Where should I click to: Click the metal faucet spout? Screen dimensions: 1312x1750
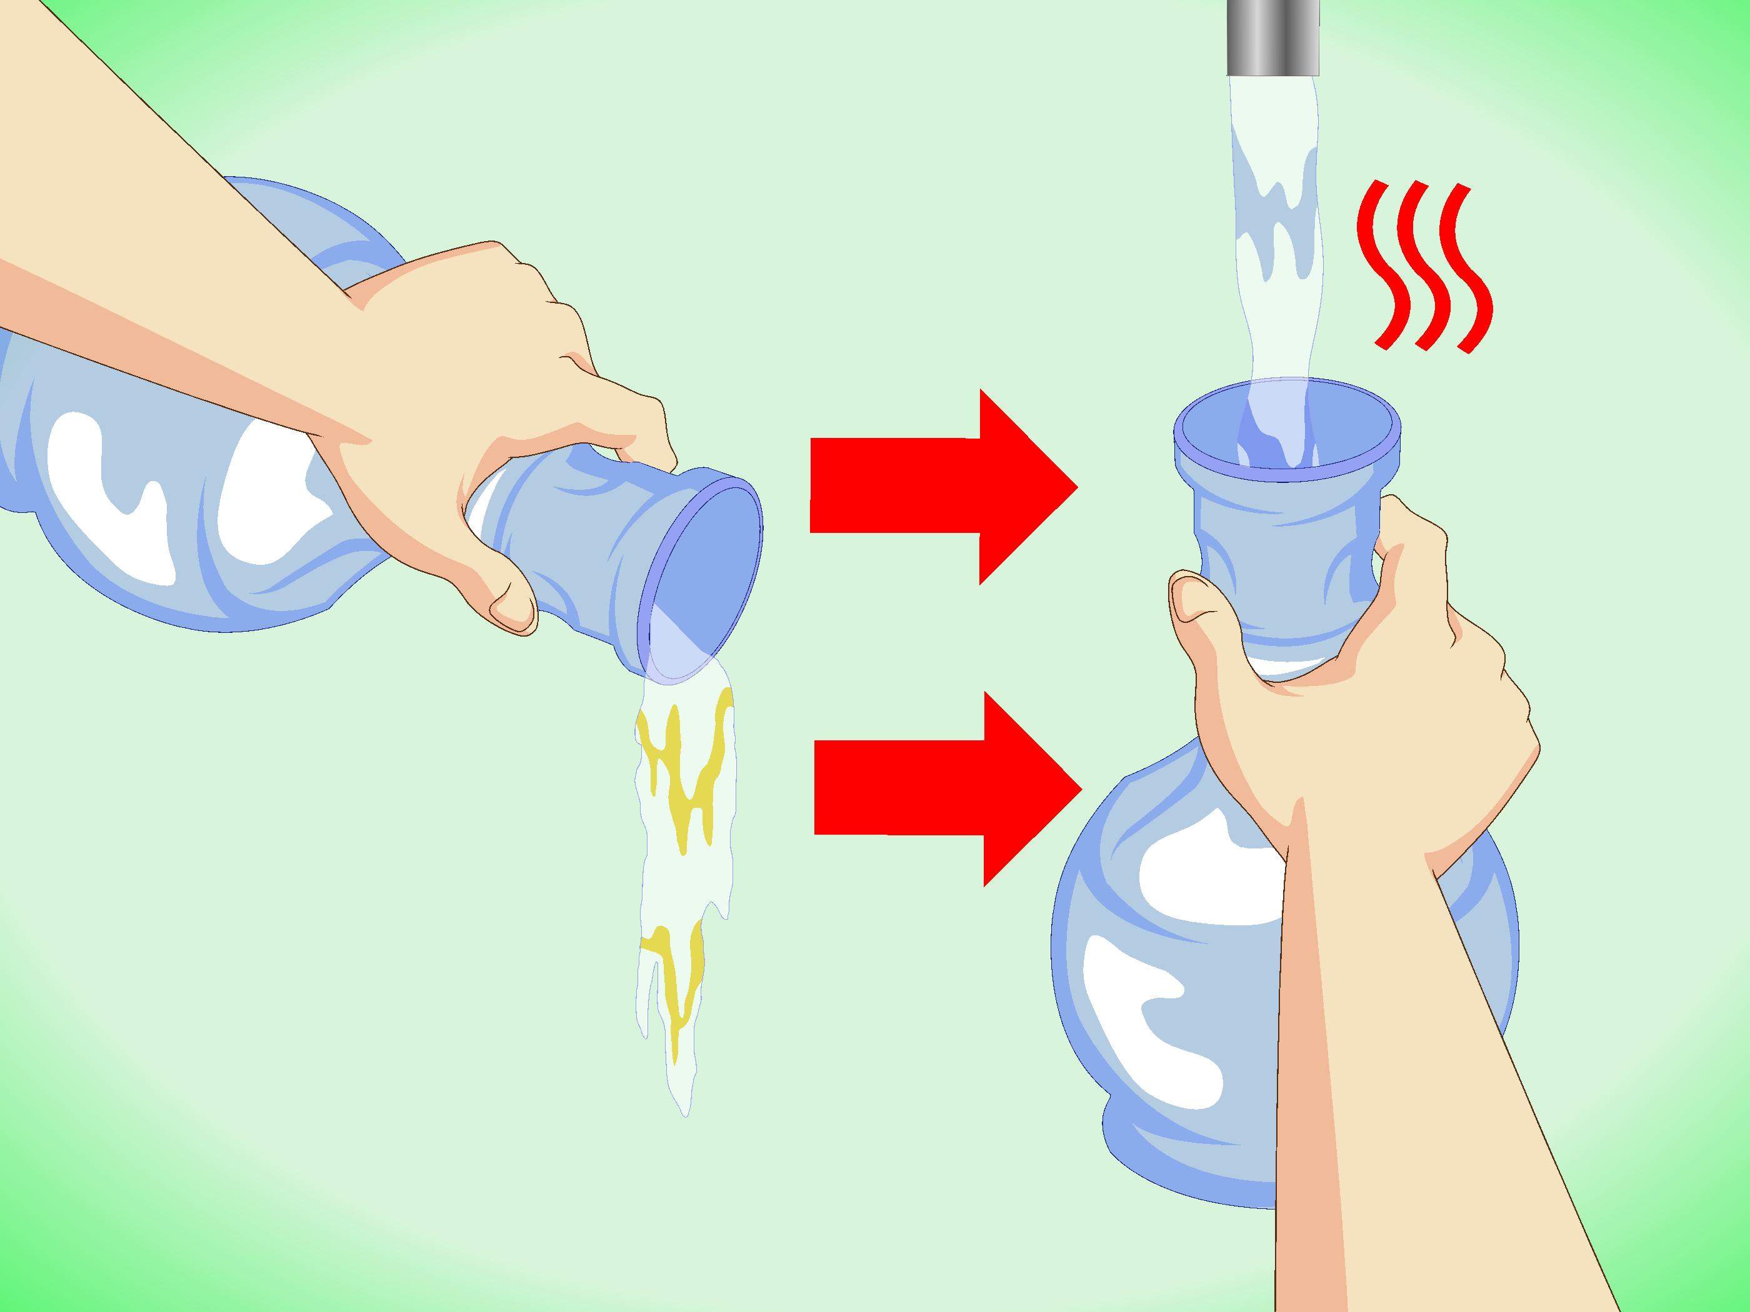pyautogui.click(x=1274, y=36)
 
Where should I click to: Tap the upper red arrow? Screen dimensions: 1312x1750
pyautogui.click(x=934, y=486)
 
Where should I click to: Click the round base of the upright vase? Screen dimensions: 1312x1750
pyautogui.click(x=1171, y=949)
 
